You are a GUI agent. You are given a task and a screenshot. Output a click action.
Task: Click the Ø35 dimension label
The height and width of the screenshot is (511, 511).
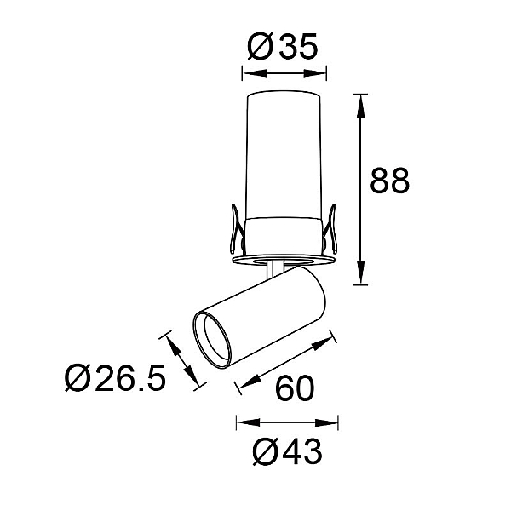point(283,47)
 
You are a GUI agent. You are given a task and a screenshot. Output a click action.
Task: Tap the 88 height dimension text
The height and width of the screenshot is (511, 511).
point(390,181)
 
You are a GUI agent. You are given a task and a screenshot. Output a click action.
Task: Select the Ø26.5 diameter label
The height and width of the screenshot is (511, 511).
point(115,377)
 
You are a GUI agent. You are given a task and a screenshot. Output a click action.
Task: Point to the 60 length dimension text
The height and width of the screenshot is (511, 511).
point(295,388)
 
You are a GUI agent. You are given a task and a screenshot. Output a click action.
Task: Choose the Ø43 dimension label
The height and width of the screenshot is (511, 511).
point(288,451)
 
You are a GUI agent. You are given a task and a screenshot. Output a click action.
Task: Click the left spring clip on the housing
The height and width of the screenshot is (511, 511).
point(237,229)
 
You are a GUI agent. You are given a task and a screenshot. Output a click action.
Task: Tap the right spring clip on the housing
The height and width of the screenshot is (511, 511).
point(330,229)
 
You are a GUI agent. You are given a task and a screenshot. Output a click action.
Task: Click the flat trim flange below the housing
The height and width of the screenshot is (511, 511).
point(283,260)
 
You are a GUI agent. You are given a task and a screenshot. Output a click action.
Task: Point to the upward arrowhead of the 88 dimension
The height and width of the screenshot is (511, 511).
point(360,106)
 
